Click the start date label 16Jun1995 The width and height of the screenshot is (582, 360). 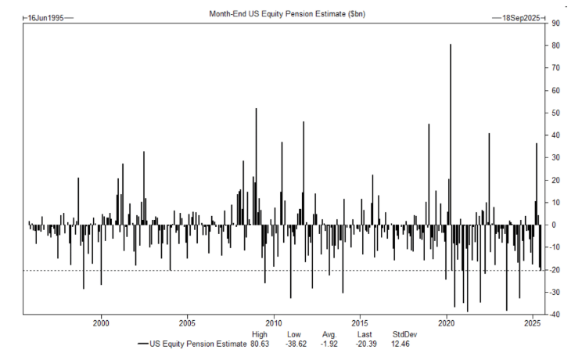click(45, 15)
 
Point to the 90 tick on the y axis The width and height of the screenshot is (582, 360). click(555, 23)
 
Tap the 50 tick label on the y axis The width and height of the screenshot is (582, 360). click(555, 113)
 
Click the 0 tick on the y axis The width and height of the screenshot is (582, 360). click(554, 225)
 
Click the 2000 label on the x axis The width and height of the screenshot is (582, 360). click(101, 322)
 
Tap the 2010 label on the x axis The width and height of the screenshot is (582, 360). click(274, 322)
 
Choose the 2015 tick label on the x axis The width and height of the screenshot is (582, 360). click(360, 322)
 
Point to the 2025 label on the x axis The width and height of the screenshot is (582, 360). click(532, 322)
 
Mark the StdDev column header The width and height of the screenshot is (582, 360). click(404, 333)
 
